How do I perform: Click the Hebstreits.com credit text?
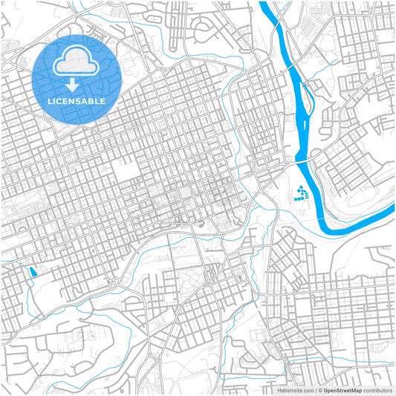(x=295, y=389)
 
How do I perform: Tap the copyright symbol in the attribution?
(x=319, y=389)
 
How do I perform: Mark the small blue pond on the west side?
(x=31, y=272)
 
